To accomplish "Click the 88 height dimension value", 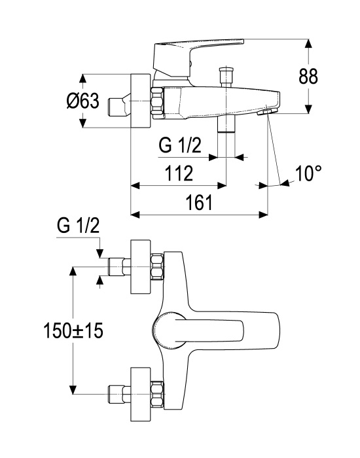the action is [x=308, y=77].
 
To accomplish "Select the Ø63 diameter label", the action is [x=83, y=101].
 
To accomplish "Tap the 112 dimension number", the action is [x=179, y=173].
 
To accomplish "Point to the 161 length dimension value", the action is [x=200, y=202].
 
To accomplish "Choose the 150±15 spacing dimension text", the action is [x=73, y=331].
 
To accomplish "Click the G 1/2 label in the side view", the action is [x=180, y=145].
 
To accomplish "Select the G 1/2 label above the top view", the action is [x=79, y=226].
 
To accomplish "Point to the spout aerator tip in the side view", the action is [x=266, y=112].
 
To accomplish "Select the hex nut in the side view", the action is [x=158, y=103].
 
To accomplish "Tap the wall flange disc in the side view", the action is [x=141, y=101].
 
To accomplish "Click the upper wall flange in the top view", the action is [x=141, y=267].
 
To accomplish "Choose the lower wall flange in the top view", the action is [x=141, y=394].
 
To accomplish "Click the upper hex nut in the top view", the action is [x=158, y=267].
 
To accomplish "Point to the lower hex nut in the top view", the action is [x=158, y=394].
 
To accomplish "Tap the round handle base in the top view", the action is [x=169, y=330].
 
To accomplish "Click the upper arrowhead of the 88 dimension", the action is [x=308, y=44].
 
